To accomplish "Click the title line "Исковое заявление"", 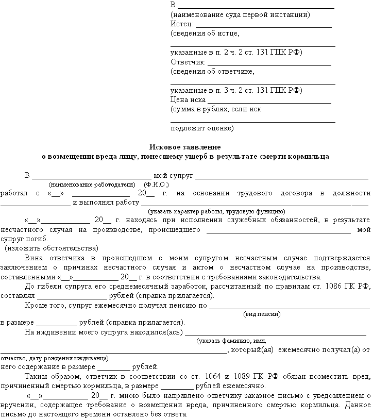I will [185, 147].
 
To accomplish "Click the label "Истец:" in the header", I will [182, 24].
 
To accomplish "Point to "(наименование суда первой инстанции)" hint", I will [240, 15].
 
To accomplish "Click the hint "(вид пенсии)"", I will [262, 314].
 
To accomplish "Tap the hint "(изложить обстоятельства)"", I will [52, 248].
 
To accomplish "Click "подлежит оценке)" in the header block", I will [202, 128].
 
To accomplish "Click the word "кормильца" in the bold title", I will [311, 156].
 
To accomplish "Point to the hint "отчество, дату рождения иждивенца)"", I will [55, 358].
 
